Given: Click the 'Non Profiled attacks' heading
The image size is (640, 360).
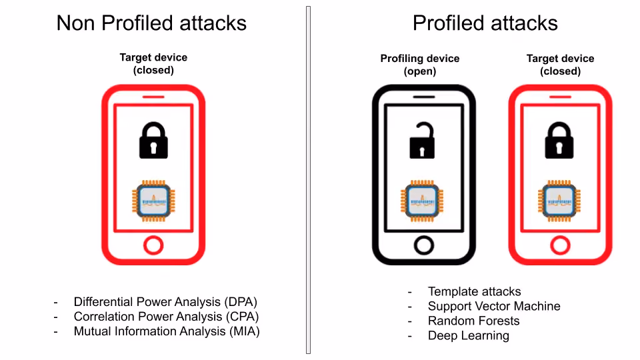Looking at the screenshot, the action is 151,23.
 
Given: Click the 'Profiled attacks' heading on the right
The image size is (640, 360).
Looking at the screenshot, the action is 485,23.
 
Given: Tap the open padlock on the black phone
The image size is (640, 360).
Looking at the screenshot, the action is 422,141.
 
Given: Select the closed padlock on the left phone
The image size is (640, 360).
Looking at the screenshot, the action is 153,140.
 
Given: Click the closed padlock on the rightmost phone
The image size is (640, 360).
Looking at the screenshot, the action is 559,140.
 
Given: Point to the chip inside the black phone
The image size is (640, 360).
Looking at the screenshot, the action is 422,201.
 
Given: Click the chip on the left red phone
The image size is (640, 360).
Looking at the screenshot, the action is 153,201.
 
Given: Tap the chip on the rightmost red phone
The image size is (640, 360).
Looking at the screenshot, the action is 559,201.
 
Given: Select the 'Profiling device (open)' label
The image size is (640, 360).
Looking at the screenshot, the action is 420,65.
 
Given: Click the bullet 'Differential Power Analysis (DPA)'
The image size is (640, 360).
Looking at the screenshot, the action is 165,301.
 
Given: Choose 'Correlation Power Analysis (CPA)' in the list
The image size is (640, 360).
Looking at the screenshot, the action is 166,316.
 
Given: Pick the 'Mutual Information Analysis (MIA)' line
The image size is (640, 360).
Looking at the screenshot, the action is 167,331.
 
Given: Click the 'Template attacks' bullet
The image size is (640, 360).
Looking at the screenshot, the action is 474,291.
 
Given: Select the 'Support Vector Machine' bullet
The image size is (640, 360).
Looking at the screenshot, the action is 494,306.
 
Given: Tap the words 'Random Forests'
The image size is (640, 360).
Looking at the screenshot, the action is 473,321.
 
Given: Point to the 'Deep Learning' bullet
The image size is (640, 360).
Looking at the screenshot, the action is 468,335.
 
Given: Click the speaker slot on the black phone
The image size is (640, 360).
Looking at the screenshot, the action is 424,97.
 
